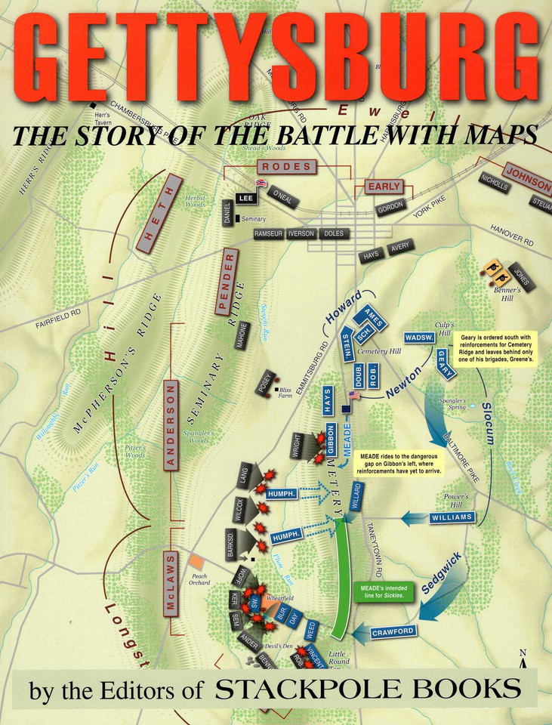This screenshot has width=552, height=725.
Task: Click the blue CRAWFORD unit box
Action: point(393,631)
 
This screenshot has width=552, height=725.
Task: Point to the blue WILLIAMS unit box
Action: point(452,517)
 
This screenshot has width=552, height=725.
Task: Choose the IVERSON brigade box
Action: point(301,234)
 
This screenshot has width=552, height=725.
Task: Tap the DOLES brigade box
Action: point(333,234)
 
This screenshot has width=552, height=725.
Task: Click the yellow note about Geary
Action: point(493,350)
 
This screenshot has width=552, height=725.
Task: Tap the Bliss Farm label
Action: point(285,390)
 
